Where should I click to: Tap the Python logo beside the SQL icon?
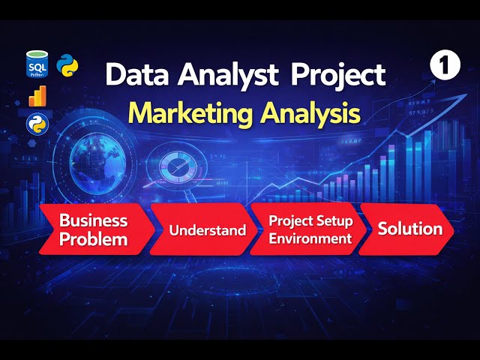(x=69, y=66)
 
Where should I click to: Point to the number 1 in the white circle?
(x=444, y=66)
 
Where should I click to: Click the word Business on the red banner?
(x=94, y=220)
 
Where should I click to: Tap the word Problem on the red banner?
(x=94, y=239)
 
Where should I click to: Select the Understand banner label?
(x=208, y=229)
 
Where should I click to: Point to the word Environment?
(x=310, y=239)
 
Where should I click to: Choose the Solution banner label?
(x=409, y=229)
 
